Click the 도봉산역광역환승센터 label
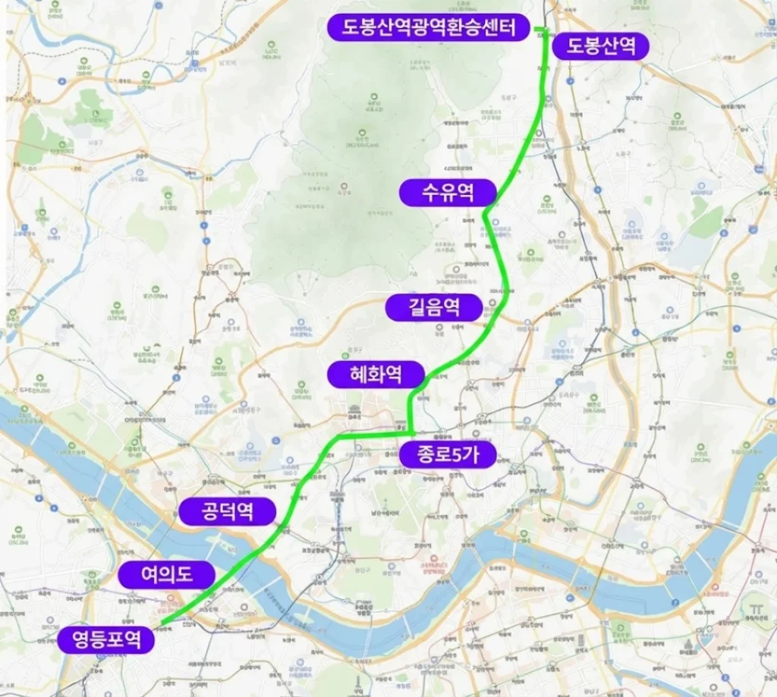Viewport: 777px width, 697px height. click(429, 28)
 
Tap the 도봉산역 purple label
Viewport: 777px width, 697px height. click(600, 46)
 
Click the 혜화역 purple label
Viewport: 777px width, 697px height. click(376, 373)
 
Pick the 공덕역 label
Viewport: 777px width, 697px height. click(227, 512)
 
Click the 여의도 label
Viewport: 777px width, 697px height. click(166, 574)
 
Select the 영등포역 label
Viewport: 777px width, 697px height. click(106, 639)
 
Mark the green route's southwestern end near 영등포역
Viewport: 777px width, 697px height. click(162, 624)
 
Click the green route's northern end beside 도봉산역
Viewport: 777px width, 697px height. click(546, 30)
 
